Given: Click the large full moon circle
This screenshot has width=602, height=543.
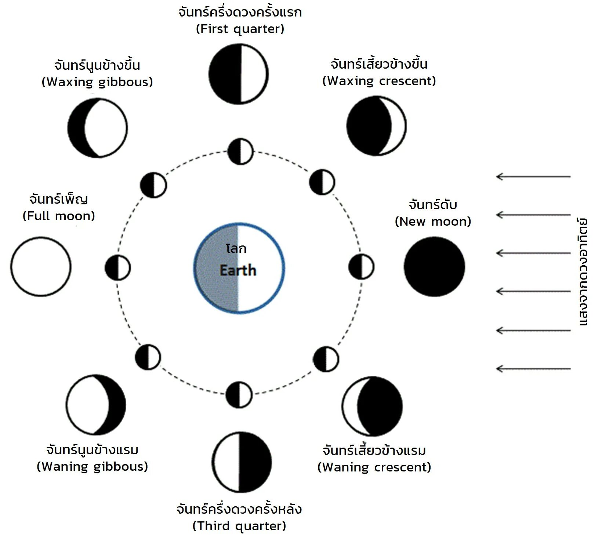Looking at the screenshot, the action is (40, 267).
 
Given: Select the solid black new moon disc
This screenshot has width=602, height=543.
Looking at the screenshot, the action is (434, 267).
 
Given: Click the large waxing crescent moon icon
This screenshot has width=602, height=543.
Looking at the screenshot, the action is (377, 126).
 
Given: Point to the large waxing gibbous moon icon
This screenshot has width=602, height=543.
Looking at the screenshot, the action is (98, 128).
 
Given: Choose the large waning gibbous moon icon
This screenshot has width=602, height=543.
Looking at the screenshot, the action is (97, 405).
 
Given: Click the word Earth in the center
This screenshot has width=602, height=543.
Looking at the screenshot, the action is (238, 271).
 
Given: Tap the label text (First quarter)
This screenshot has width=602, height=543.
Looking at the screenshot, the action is (240, 29).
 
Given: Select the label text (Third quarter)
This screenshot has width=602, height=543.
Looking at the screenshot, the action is (239, 526).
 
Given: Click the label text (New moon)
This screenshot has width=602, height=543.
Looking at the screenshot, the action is (433, 222).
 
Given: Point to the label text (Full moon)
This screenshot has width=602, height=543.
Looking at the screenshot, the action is (59, 216).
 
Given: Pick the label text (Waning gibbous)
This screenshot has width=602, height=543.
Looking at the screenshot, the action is (93, 466).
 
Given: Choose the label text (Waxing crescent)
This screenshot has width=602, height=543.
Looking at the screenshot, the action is (379, 81).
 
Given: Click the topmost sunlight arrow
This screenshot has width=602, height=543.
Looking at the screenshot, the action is (533, 176).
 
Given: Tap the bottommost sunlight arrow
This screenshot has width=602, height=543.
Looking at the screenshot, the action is (533, 368).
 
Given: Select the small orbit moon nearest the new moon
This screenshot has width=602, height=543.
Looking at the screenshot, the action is (361, 267).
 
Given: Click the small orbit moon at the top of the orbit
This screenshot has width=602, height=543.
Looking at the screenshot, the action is (240, 151).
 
